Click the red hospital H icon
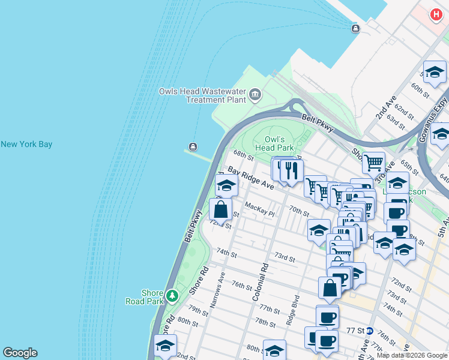click(436, 14)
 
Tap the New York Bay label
click(26, 144)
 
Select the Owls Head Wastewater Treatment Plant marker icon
click(255, 94)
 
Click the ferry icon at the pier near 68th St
click(193, 146)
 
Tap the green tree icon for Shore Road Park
click(172, 296)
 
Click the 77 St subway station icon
click(370, 331)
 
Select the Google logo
click(20, 353)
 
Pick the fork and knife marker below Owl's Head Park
click(292, 170)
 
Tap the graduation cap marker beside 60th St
click(435, 72)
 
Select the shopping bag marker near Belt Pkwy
click(220, 209)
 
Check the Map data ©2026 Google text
click(412, 355)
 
